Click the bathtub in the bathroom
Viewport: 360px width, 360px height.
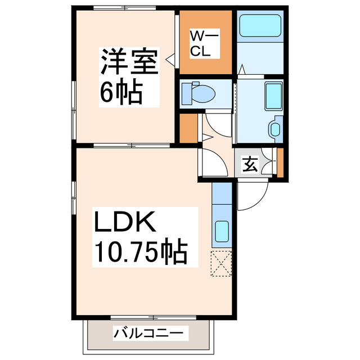260,26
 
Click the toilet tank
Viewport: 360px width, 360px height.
186,93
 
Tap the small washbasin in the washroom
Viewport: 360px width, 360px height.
274,129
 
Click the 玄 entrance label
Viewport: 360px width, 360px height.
249,164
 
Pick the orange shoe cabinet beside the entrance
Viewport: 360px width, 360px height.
280,163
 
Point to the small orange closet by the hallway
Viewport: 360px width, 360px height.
188,128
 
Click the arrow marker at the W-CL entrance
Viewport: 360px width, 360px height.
169,57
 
